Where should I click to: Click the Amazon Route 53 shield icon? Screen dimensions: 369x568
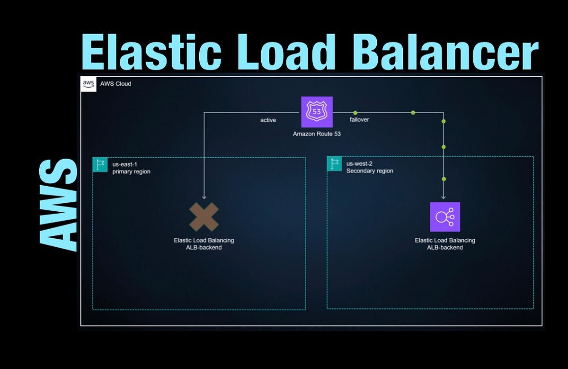pyautogui.click(x=317, y=112)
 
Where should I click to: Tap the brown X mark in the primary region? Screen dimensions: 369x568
pyautogui.click(x=204, y=217)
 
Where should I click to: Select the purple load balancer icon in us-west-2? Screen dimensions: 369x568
pyautogui.click(x=444, y=217)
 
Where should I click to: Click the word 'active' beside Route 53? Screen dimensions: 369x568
pyautogui.click(x=268, y=120)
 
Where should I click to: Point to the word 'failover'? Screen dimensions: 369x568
pyautogui.click(x=359, y=119)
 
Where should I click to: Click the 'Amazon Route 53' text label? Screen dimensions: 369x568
pyautogui.click(x=317, y=134)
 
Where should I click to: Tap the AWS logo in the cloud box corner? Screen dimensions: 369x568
pyautogui.click(x=89, y=83)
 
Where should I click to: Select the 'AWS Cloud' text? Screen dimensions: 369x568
pyautogui.click(x=115, y=84)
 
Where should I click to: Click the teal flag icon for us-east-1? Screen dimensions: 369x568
pyautogui.click(x=100, y=164)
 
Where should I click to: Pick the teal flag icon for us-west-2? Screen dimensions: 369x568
pyautogui.click(x=334, y=163)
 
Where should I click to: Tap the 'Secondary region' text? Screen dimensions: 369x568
pyautogui.click(x=370, y=171)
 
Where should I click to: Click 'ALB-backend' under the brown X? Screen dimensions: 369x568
pyautogui.click(x=204, y=247)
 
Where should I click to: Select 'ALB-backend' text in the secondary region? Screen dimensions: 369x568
pyautogui.click(x=444, y=247)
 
